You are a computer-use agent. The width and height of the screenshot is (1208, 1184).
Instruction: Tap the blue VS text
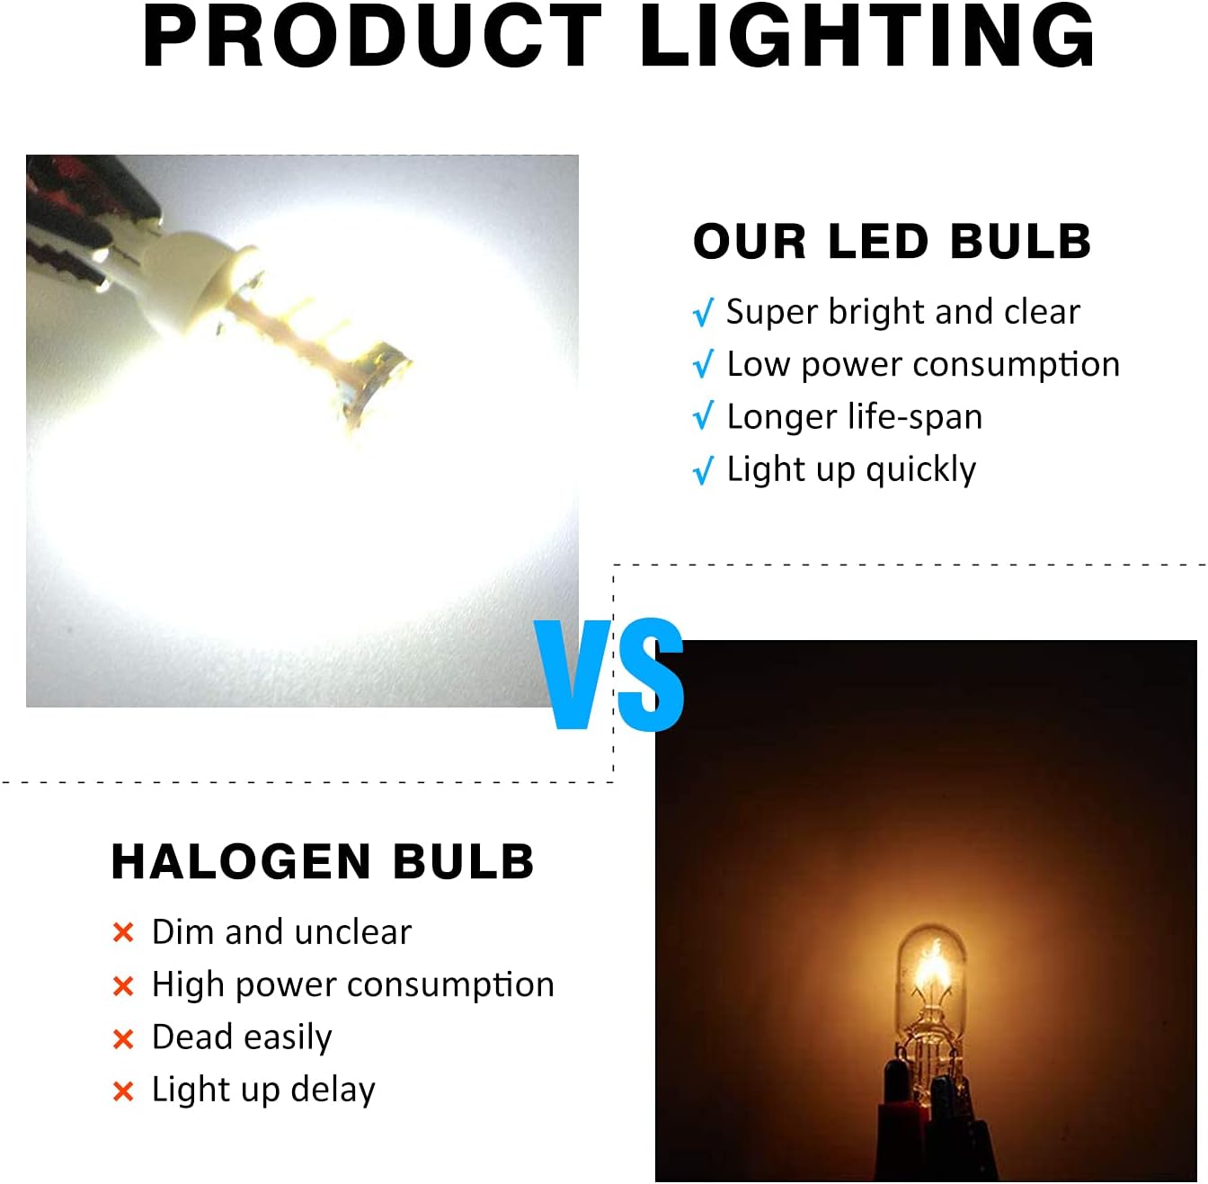[x=609, y=675]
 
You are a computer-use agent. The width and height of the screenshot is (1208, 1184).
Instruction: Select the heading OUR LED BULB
[x=892, y=241]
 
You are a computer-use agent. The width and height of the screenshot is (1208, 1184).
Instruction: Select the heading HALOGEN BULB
[x=323, y=861]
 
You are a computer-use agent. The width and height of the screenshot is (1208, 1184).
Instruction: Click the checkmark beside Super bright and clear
[x=704, y=312]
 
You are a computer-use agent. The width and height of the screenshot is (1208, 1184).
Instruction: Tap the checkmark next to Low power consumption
[x=704, y=364]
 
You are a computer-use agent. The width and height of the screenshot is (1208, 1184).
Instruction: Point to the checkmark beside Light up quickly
[x=704, y=469]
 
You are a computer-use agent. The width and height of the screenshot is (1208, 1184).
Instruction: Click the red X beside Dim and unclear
[x=123, y=932]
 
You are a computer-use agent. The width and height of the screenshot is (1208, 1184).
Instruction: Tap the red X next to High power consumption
[x=123, y=986]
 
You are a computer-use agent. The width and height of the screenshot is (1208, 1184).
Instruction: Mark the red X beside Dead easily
[x=123, y=1039]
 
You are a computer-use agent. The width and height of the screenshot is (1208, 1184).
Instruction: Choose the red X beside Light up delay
[x=123, y=1091]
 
